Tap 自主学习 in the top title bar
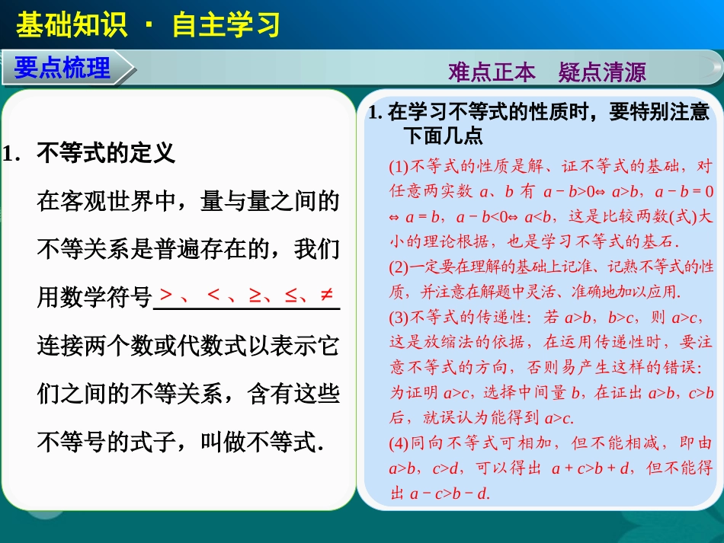226,24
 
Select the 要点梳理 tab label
62,68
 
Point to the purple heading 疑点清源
602,72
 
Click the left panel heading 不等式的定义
106,154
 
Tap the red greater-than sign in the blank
166,295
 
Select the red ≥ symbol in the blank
255,295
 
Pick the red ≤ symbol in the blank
290,295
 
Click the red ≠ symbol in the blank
326,295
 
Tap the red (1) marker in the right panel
399,167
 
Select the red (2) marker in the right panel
399,267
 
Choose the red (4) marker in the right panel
399,443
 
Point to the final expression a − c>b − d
449,493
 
